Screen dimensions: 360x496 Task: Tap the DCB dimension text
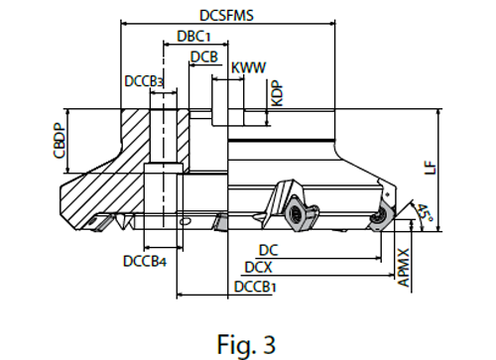[204, 58]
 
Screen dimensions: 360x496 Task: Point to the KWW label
[247, 67]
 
